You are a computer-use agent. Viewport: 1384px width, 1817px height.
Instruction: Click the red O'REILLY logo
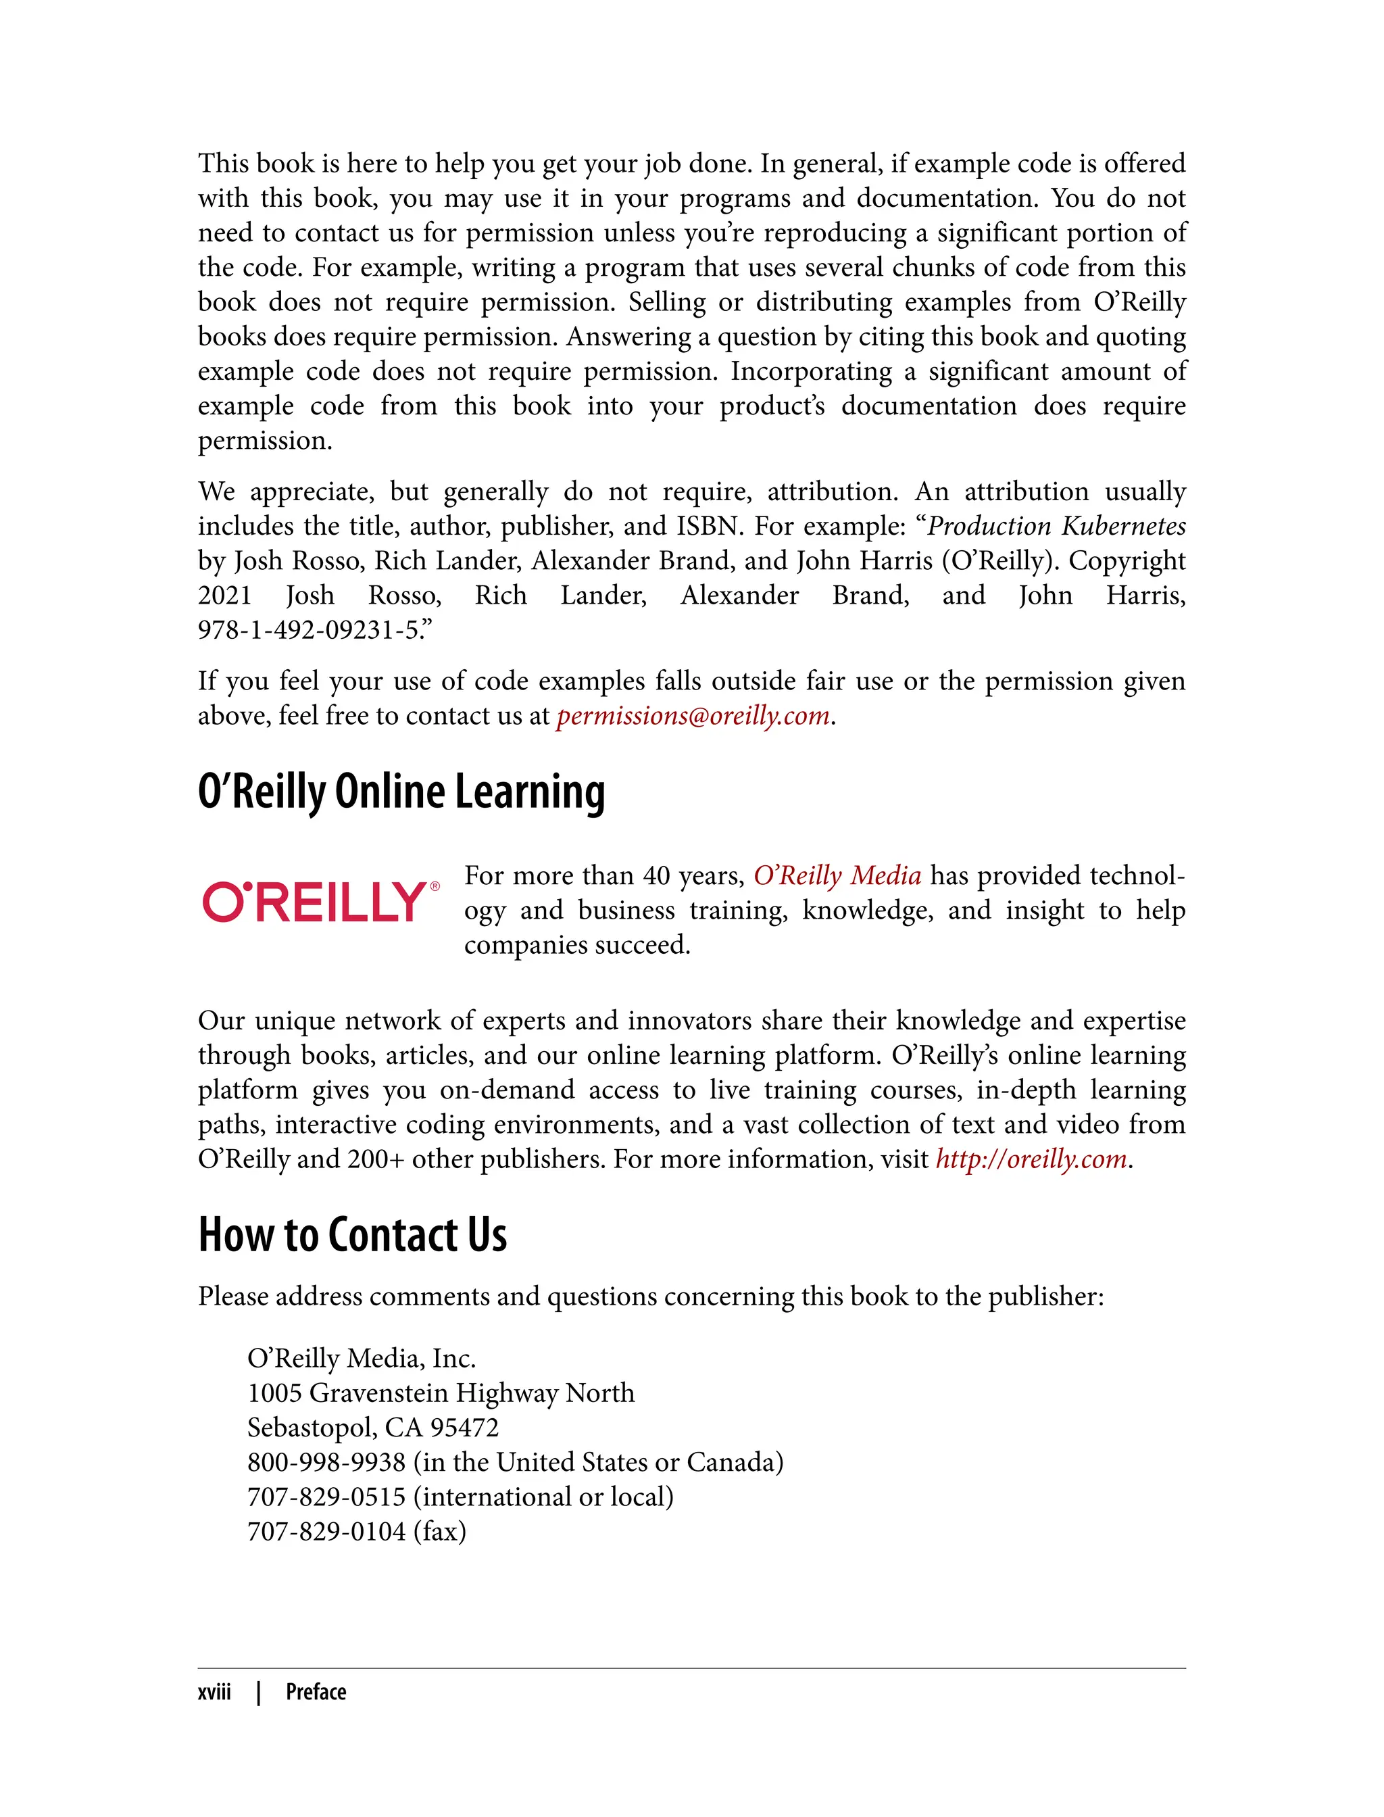[x=315, y=902]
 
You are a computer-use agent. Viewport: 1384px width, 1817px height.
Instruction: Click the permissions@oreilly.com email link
[x=692, y=716]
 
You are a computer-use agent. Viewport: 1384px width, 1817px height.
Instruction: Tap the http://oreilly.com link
[x=1031, y=1159]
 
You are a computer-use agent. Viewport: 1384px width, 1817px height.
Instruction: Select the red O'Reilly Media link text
[x=837, y=875]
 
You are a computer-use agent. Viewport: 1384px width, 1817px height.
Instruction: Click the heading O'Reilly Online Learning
[x=401, y=792]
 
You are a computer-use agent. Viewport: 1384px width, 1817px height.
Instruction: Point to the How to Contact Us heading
[x=353, y=1234]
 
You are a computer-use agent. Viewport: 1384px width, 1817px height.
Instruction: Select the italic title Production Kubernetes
[x=1057, y=526]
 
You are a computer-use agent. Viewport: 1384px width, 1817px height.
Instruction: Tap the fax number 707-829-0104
[x=326, y=1532]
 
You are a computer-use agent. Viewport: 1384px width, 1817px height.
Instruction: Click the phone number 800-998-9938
[x=326, y=1463]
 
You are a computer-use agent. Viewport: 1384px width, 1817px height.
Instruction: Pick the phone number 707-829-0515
[x=326, y=1497]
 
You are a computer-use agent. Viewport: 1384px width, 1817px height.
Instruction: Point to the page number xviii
[x=214, y=1693]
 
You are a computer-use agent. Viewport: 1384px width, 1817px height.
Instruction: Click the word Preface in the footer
[x=316, y=1693]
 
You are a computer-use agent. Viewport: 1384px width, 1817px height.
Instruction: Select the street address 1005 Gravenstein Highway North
[x=441, y=1393]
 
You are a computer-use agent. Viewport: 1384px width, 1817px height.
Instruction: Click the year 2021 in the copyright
[x=224, y=596]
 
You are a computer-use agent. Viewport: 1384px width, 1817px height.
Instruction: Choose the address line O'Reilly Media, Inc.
[x=362, y=1358]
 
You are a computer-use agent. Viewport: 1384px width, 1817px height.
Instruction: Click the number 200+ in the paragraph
[x=375, y=1159]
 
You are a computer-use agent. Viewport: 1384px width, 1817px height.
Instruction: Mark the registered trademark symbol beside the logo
[x=435, y=887]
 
